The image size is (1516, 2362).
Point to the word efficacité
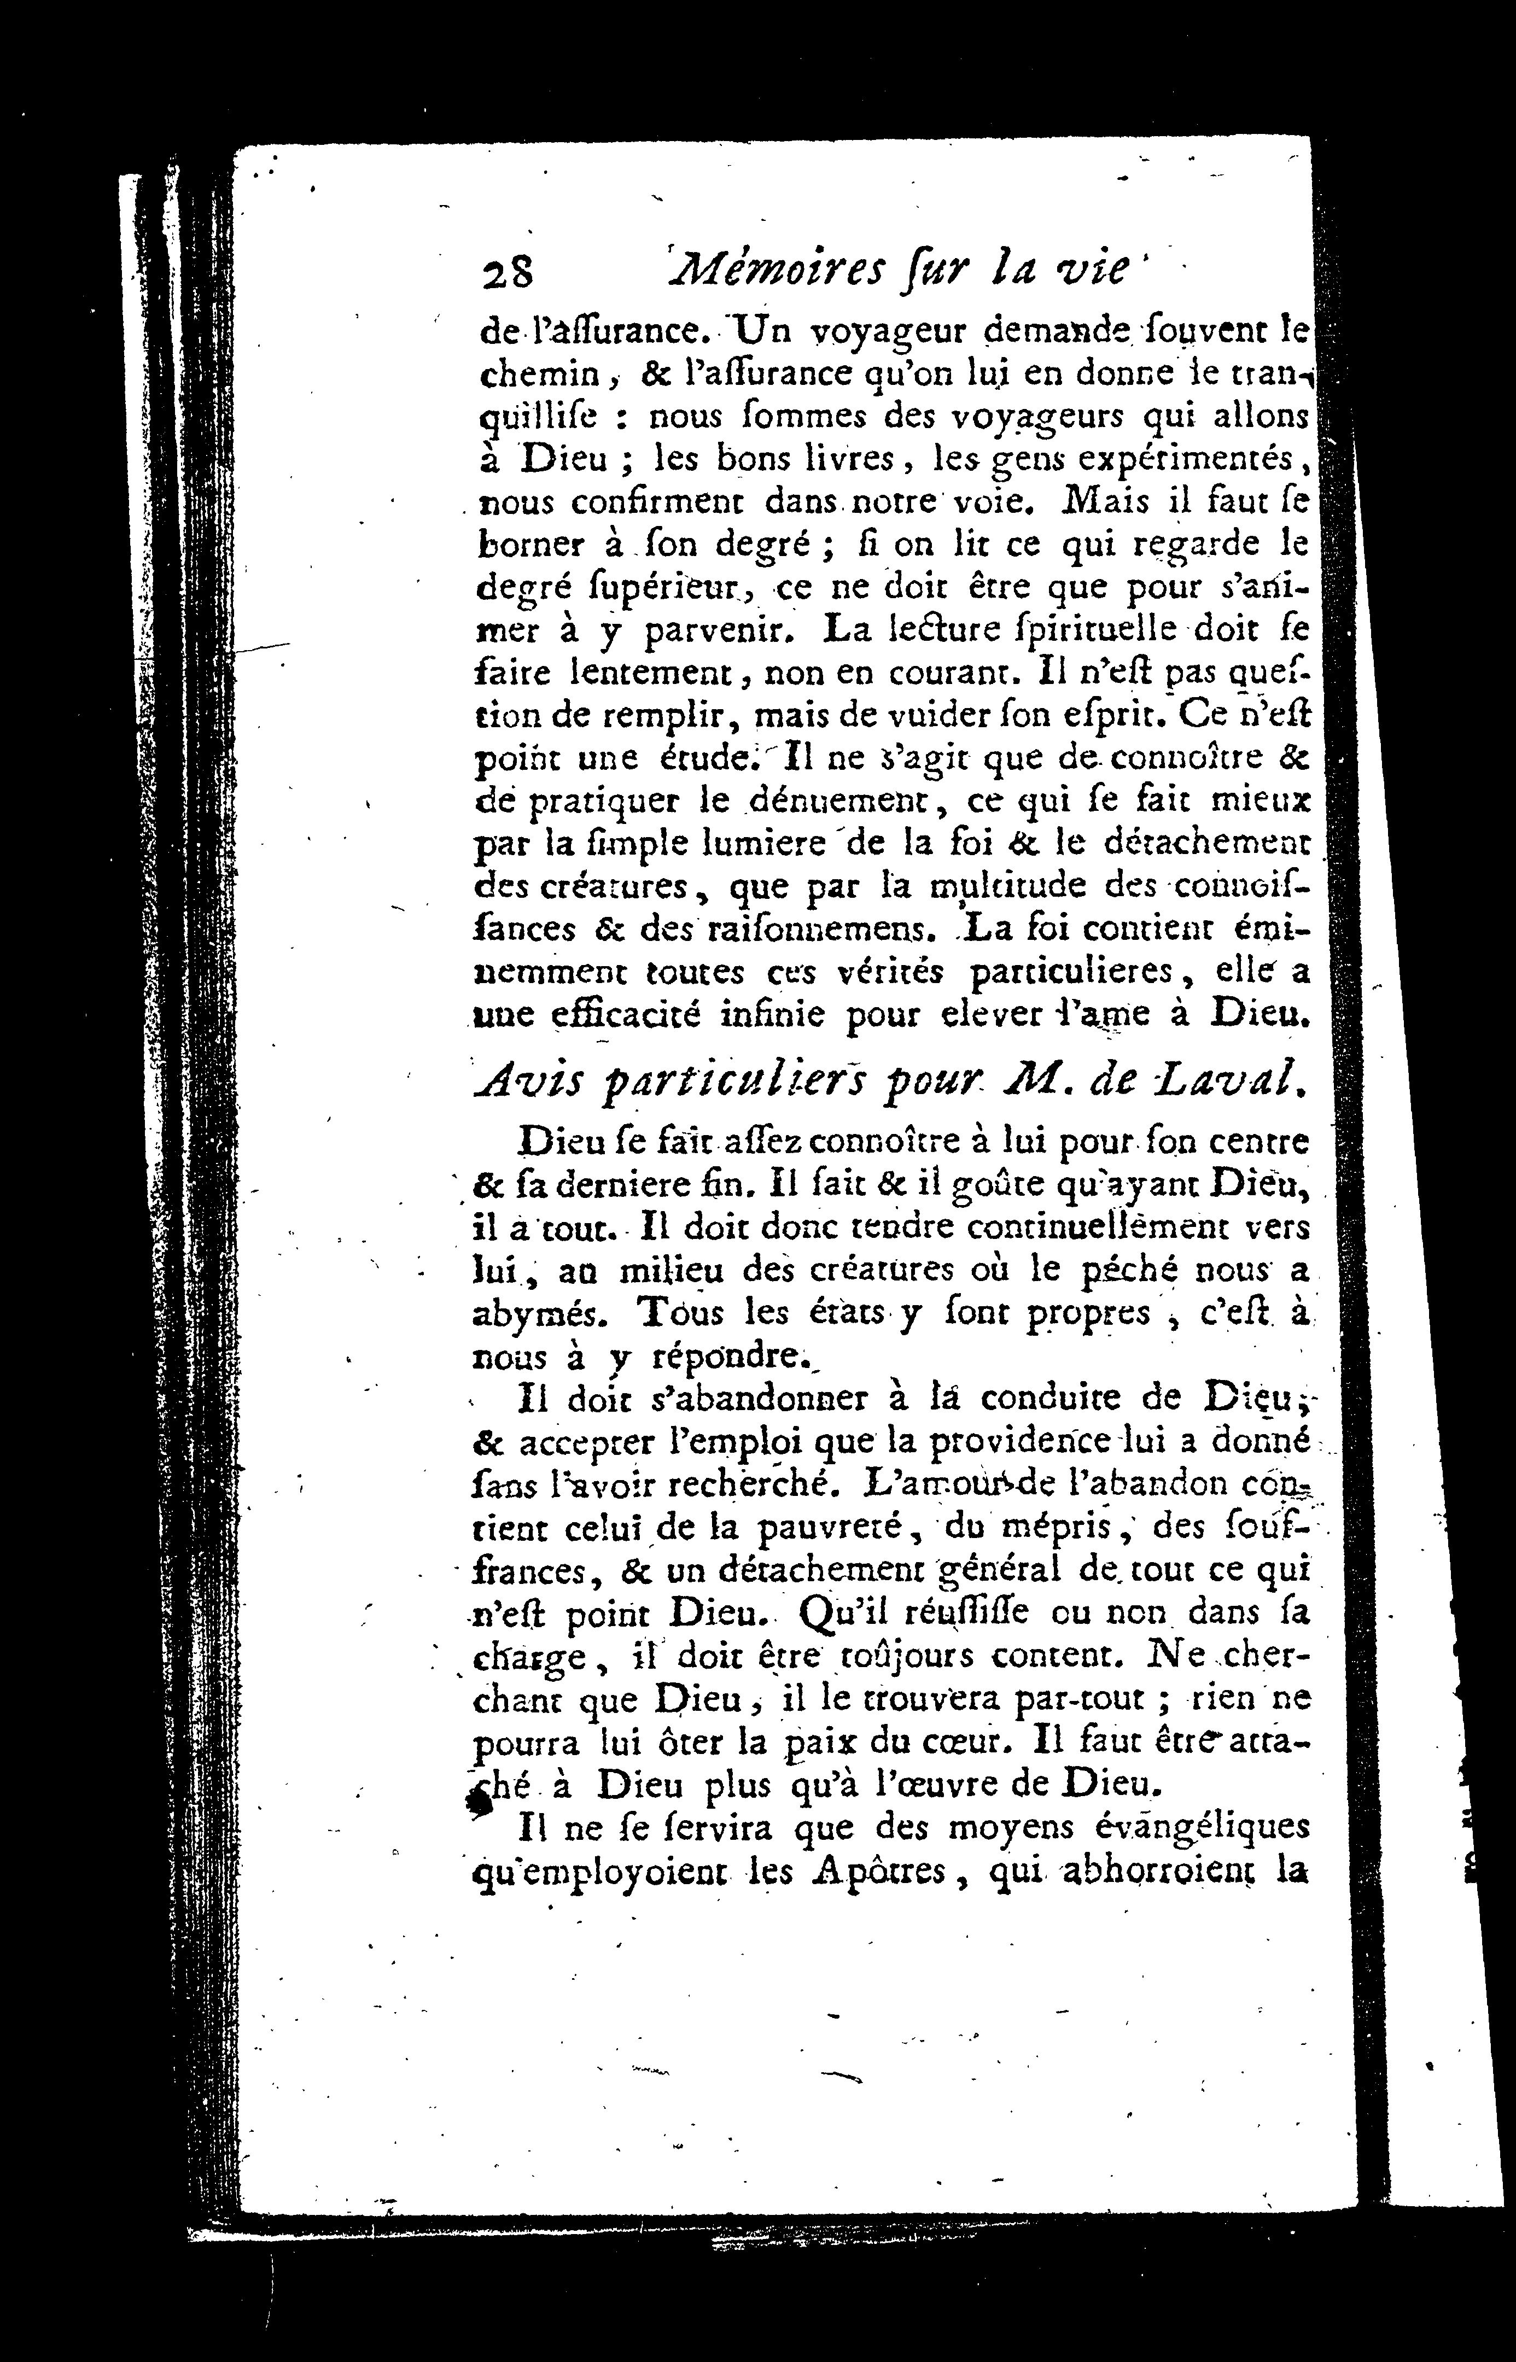(603, 1015)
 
